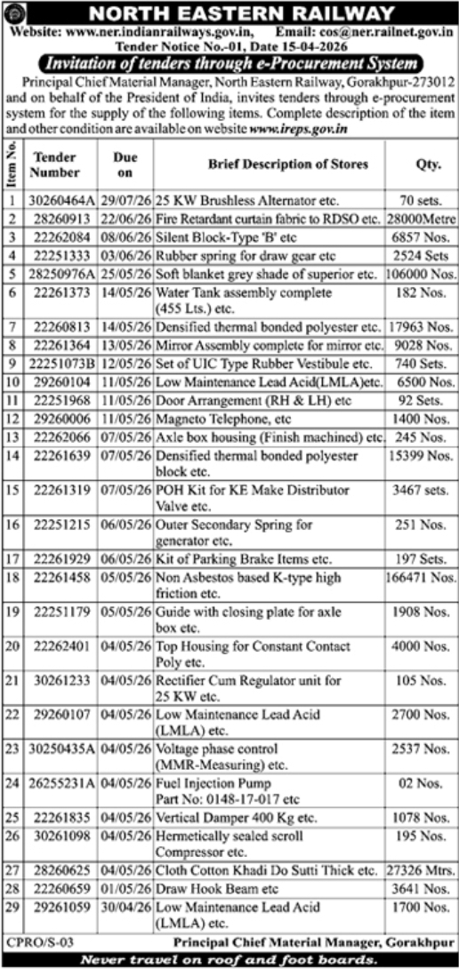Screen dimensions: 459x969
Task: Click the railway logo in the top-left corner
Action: pos(15,14)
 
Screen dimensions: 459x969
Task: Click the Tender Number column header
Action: pos(56,164)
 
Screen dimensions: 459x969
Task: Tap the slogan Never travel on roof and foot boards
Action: pos(229,958)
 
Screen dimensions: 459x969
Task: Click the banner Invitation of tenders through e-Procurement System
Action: pos(229,64)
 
